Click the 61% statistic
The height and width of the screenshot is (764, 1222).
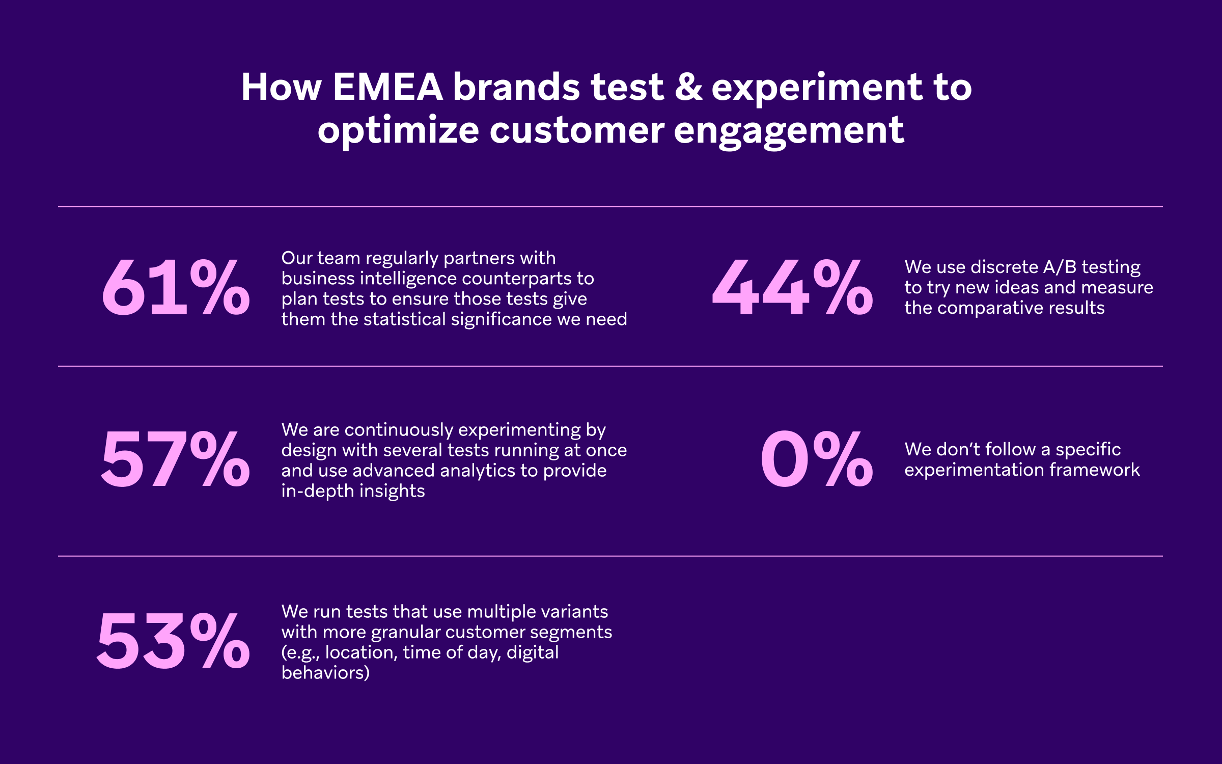[x=176, y=288]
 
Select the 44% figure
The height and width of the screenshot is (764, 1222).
[x=792, y=288]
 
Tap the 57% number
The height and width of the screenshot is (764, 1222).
[x=176, y=459]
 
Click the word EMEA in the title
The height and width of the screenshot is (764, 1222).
[x=387, y=87]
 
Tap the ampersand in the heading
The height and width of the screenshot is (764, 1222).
[x=688, y=87]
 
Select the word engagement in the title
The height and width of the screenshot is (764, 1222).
[x=789, y=131]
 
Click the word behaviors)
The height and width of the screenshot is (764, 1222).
[x=325, y=673]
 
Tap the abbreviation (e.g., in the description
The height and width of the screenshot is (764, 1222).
[x=300, y=652]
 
